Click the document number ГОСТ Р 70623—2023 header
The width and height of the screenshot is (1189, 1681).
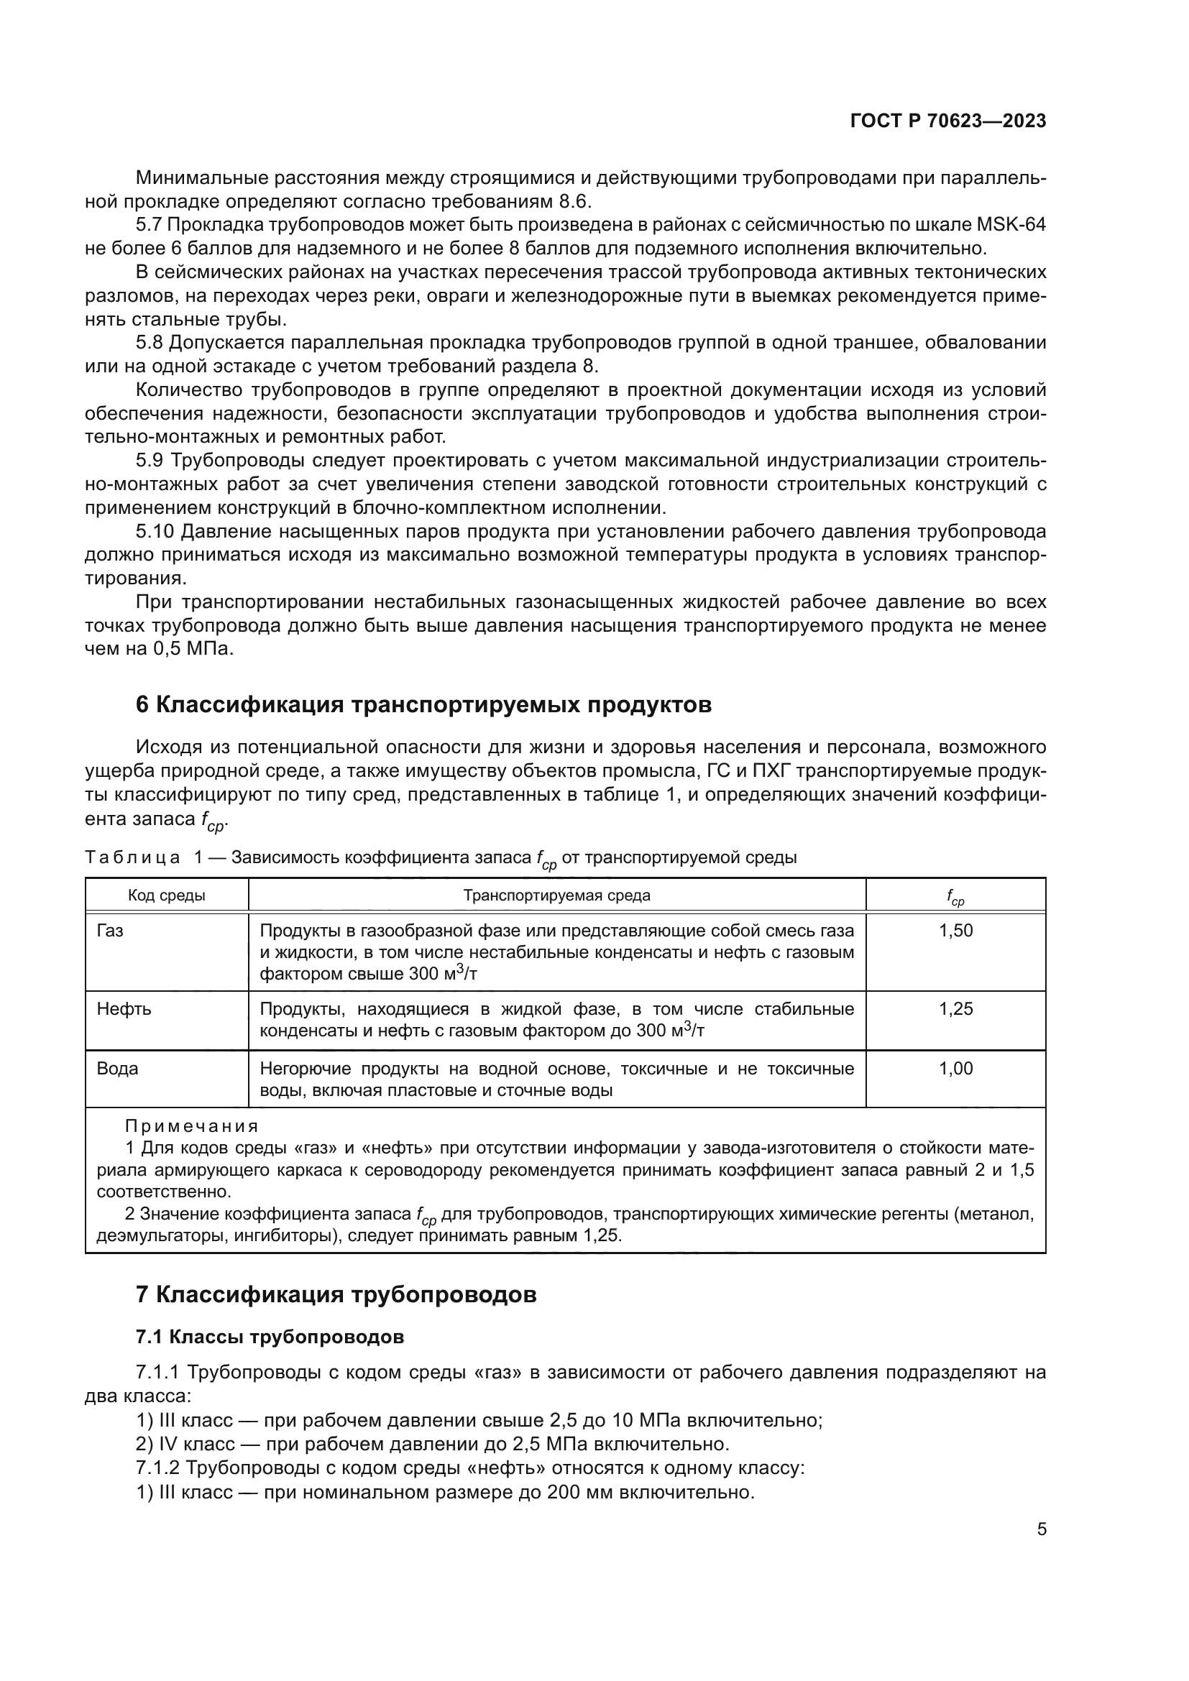click(x=947, y=121)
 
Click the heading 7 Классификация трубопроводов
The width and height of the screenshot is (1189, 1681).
click(x=336, y=1294)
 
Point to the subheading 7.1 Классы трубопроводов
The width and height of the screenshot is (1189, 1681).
click(x=270, y=1337)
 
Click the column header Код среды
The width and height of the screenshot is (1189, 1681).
click(x=166, y=895)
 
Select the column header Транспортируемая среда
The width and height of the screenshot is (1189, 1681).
click(x=556, y=895)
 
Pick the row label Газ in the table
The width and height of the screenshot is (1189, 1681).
click(x=110, y=931)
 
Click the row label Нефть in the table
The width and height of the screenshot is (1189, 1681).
click(x=124, y=1009)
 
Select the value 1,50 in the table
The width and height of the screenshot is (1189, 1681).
click(x=955, y=931)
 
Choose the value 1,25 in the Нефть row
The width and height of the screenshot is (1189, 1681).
click(x=955, y=1009)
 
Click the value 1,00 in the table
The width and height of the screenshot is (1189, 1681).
click(x=955, y=1068)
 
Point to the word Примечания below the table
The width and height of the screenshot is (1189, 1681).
click(x=191, y=1126)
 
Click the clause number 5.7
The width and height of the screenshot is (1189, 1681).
click(x=150, y=226)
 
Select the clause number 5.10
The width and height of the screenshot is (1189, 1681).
click(x=155, y=532)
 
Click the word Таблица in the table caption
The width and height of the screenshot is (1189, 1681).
click(x=132, y=857)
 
